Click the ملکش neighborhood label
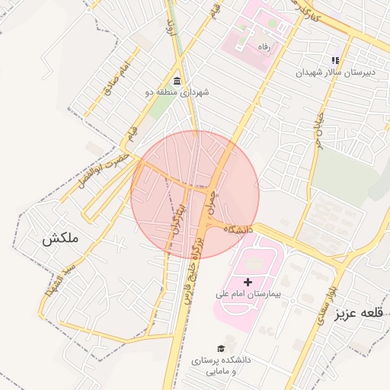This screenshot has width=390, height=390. (60, 239)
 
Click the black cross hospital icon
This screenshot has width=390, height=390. (248, 282)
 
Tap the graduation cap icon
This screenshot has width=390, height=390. (221, 348)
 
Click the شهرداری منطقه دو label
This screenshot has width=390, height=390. (177, 92)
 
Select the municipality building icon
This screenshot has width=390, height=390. (177, 81)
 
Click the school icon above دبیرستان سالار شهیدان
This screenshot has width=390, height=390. (334, 60)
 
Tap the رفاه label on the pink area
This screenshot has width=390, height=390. (265, 46)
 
